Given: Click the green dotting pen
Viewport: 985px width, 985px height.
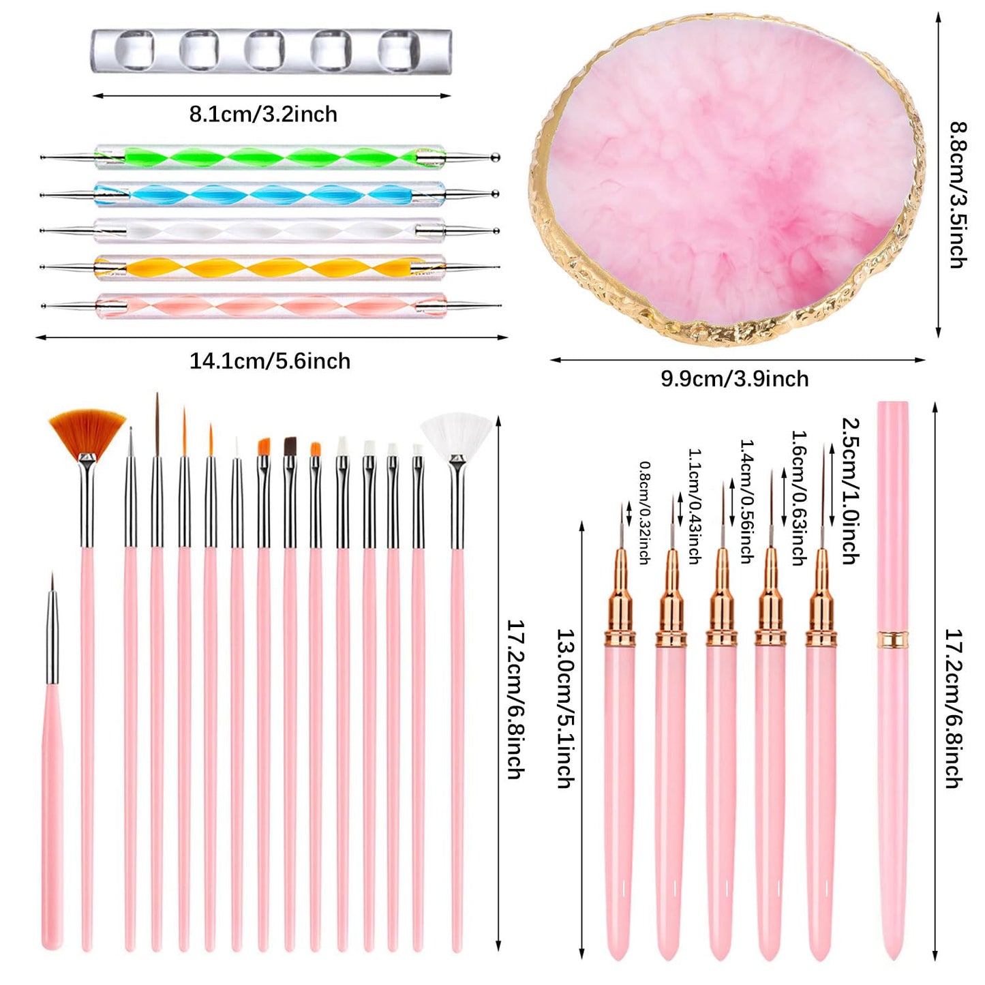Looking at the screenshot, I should [269, 157].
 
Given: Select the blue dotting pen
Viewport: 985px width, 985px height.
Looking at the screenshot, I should [269, 194].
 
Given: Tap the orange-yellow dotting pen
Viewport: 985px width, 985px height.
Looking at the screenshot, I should [269, 267].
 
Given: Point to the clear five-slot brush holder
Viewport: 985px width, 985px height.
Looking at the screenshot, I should [271, 51].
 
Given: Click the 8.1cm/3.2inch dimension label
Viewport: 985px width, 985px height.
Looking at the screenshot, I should [263, 114].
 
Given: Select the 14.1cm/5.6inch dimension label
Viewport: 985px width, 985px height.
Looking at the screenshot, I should [270, 361].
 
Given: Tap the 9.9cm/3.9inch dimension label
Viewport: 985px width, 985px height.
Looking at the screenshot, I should [734, 378].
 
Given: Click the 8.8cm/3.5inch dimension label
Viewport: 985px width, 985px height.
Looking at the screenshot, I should [958, 194].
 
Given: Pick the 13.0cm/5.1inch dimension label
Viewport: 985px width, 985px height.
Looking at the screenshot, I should [565, 708].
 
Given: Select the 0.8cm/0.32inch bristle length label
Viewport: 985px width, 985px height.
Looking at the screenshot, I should [644, 513].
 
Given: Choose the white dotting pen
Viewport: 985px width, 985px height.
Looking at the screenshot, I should [269, 230].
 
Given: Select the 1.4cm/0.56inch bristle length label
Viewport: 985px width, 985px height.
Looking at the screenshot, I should [746, 501].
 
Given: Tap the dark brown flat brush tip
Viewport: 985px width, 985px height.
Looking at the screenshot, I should [290, 446].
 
